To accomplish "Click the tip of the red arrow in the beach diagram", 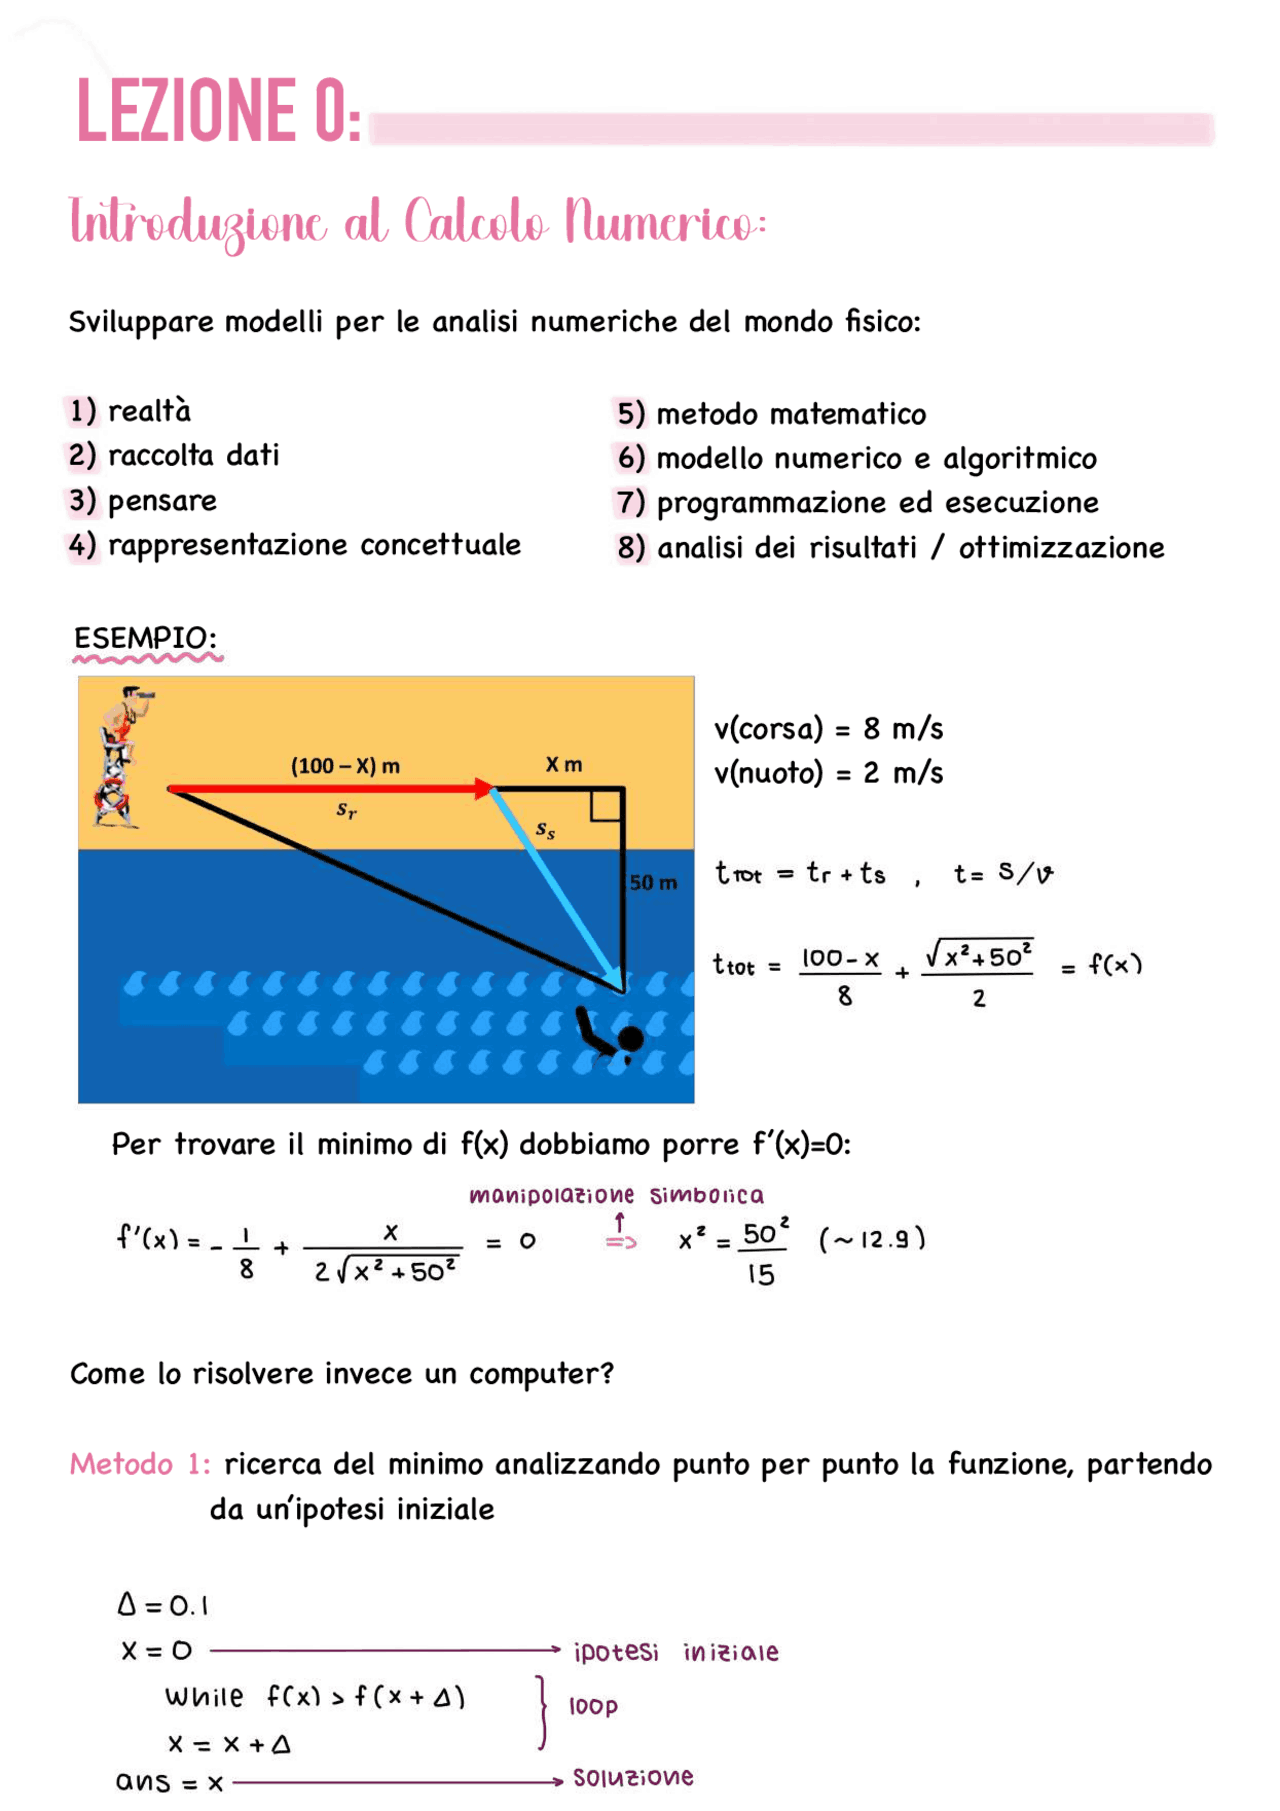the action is click(x=495, y=789).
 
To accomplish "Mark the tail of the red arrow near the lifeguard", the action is click(x=169, y=789).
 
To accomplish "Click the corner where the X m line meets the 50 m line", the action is click(x=623, y=789).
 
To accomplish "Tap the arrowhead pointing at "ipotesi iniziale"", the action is click(x=559, y=1650).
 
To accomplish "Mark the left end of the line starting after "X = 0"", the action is click(x=211, y=1650).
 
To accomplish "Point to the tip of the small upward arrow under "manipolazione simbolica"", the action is click(x=620, y=1214).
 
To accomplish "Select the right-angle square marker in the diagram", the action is click(x=606, y=805).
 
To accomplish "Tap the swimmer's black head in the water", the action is click(x=631, y=1039).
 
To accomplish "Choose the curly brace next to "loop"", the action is click(x=542, y=1712).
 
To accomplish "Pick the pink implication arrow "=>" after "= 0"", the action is click(x=621, y=1242).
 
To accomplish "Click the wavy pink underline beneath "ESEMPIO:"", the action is click(x=147, y=658).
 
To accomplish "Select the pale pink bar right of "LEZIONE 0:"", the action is click(x=791, y=129).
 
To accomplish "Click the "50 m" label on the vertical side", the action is click(x=653, y=882).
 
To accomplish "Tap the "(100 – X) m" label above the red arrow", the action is click(x=345, y=766).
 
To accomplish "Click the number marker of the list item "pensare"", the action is click(x=82, y=500).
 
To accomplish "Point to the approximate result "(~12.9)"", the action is click(x=872, y=1240).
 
